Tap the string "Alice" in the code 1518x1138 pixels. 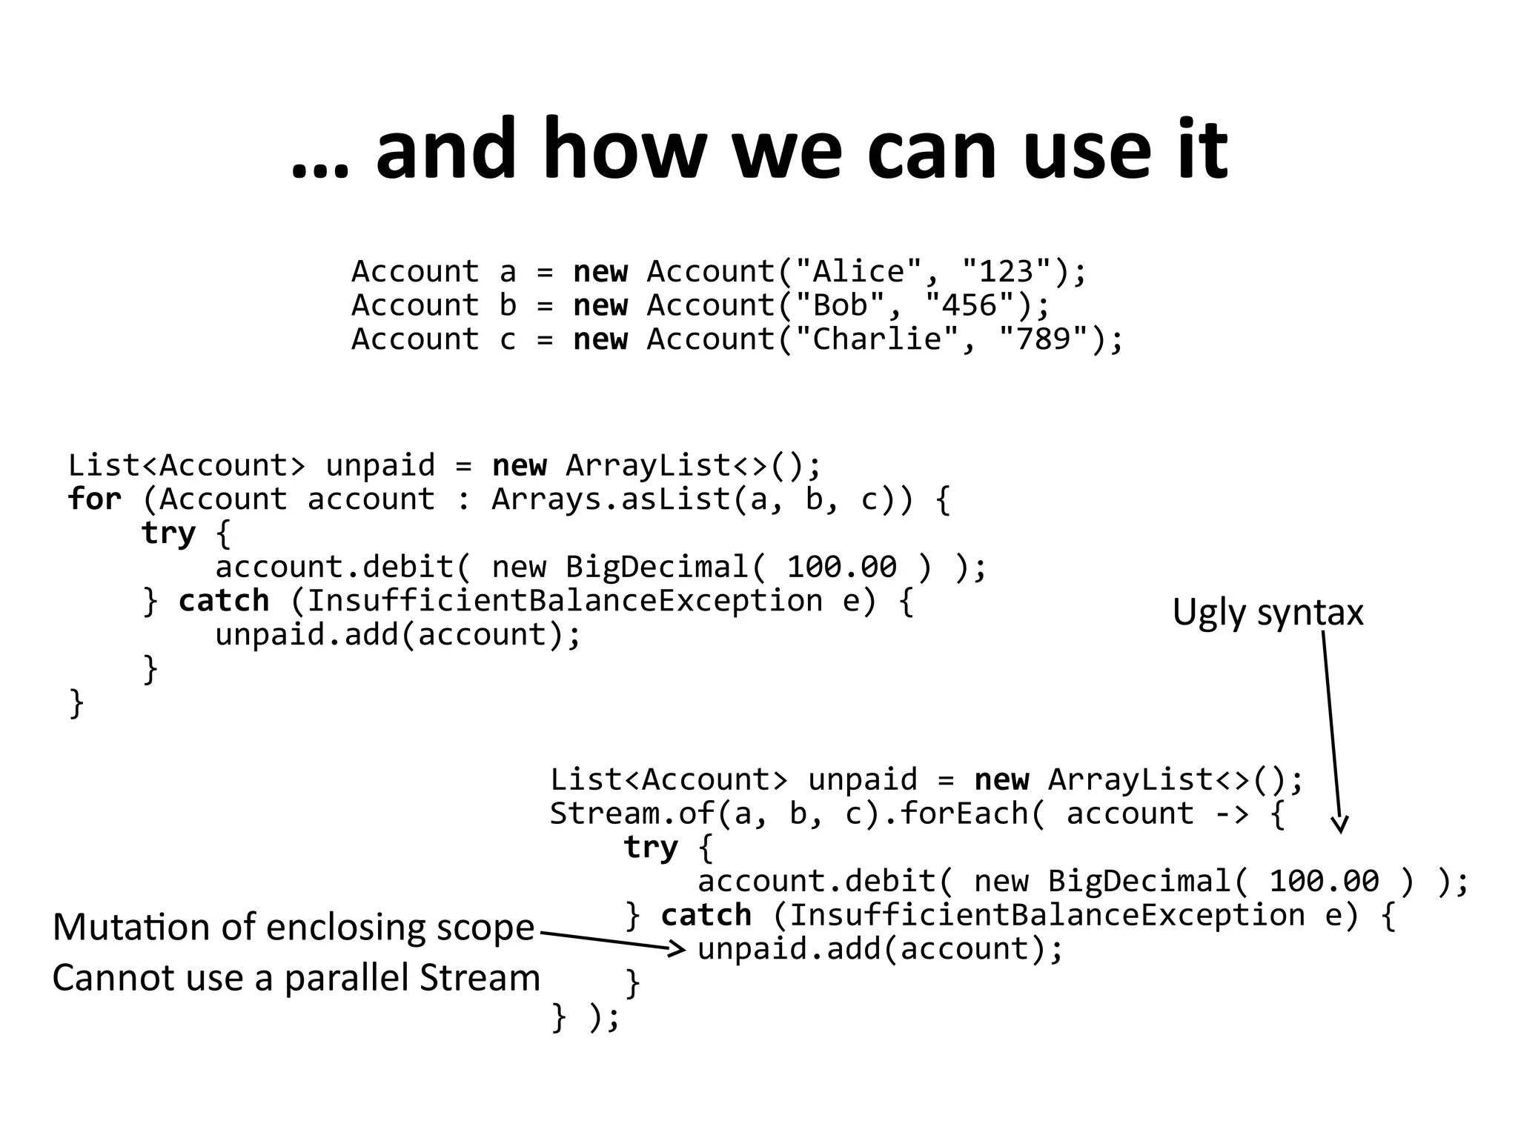point(859,272)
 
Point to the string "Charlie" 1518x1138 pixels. point(877,339)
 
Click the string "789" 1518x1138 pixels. point(1044,339)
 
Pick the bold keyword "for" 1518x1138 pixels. point(94,499)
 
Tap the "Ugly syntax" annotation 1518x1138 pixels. point(1267,613)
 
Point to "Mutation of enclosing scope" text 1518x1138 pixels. point(294,927)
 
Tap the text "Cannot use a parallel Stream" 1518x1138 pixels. point(296,978)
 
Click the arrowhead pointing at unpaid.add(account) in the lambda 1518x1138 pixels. point(676,948)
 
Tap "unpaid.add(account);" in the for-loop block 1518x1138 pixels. point(398,635)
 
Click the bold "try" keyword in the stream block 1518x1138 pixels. point(650,847)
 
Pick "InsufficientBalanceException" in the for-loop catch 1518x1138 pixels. point(565,601)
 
